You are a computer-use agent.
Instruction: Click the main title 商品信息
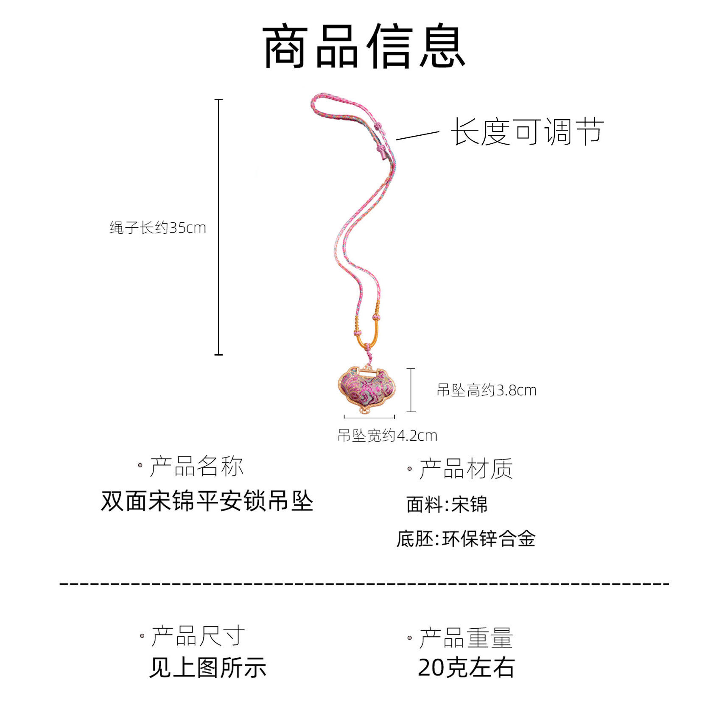[x=363, y=47]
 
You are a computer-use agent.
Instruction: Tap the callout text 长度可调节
[x=527, y=132]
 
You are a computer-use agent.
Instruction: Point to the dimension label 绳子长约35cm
[x=158, y=228]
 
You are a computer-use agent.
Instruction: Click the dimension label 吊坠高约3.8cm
[x=487, y=390]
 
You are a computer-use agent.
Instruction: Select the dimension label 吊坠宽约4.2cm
[x=387, y=435]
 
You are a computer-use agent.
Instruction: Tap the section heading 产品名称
[x=196, y=466]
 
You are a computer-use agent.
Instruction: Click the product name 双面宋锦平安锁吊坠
[x=207, y=501]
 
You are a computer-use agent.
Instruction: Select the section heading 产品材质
[x=466, y=469]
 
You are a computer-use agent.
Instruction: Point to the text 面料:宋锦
[x=447, y=505]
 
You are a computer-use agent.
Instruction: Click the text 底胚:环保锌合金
[x=466, y=539]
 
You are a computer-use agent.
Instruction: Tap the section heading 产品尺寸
[x=198, y=636]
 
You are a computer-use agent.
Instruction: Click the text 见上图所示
[x=207, y=668]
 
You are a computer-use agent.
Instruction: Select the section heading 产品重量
[x=466, y=638]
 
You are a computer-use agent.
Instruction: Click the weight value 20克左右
[x=466, y=668]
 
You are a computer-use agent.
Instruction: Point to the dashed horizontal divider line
[x=363, y=584]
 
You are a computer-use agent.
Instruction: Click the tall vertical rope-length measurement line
[x=218, y=227]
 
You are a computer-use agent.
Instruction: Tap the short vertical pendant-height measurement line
[x=411, y=390]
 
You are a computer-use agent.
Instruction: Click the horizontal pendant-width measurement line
[x=369, y=417]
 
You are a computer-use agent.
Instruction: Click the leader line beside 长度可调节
[x=417, y=135]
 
